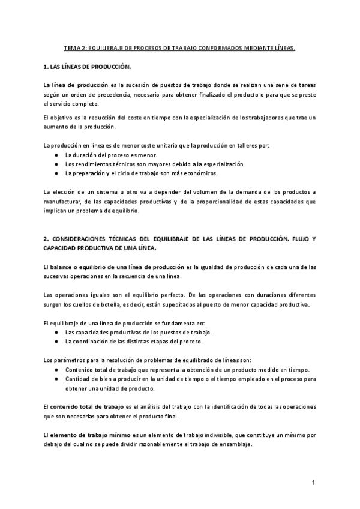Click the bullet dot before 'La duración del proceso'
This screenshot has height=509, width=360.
[x=56, y=155]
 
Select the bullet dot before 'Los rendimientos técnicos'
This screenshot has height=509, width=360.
[x=56, y=164]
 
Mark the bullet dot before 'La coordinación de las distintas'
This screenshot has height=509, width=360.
[x=56, y=341]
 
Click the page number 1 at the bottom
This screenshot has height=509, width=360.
[x=314, y=483]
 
